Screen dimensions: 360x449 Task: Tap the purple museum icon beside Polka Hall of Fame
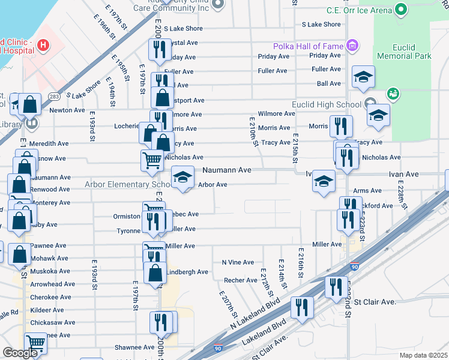pyautogui.click(x=352, y=46)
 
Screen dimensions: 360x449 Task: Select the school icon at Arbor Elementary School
pyautogui.click(x=183, y=177)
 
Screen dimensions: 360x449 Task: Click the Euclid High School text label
pyautogui.click(x=326, y=104)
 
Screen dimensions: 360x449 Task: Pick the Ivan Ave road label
pyautogui.click(x=403, y=174)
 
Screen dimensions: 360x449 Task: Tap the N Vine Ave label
pyautogui.click(x=238, y=262)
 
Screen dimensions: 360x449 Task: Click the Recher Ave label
pyautogui.click(x=241, y=280)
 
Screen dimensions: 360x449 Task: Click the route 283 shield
pyautogui.click(x=55, y=96)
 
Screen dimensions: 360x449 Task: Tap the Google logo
pyautogui.click(x=20, y=352)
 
